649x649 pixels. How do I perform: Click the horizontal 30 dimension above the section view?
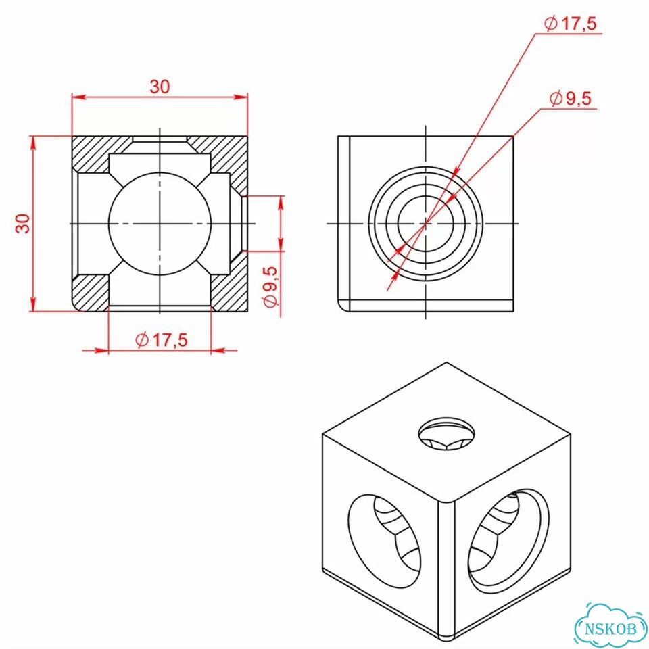(x=160, y=87)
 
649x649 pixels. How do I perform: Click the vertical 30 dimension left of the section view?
(x=23, y=224)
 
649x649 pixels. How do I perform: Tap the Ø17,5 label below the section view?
(x=162, y=340)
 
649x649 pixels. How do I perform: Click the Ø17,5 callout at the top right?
(x=571, y=24)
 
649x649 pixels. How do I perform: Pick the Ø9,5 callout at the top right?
(x=571, y=99)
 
